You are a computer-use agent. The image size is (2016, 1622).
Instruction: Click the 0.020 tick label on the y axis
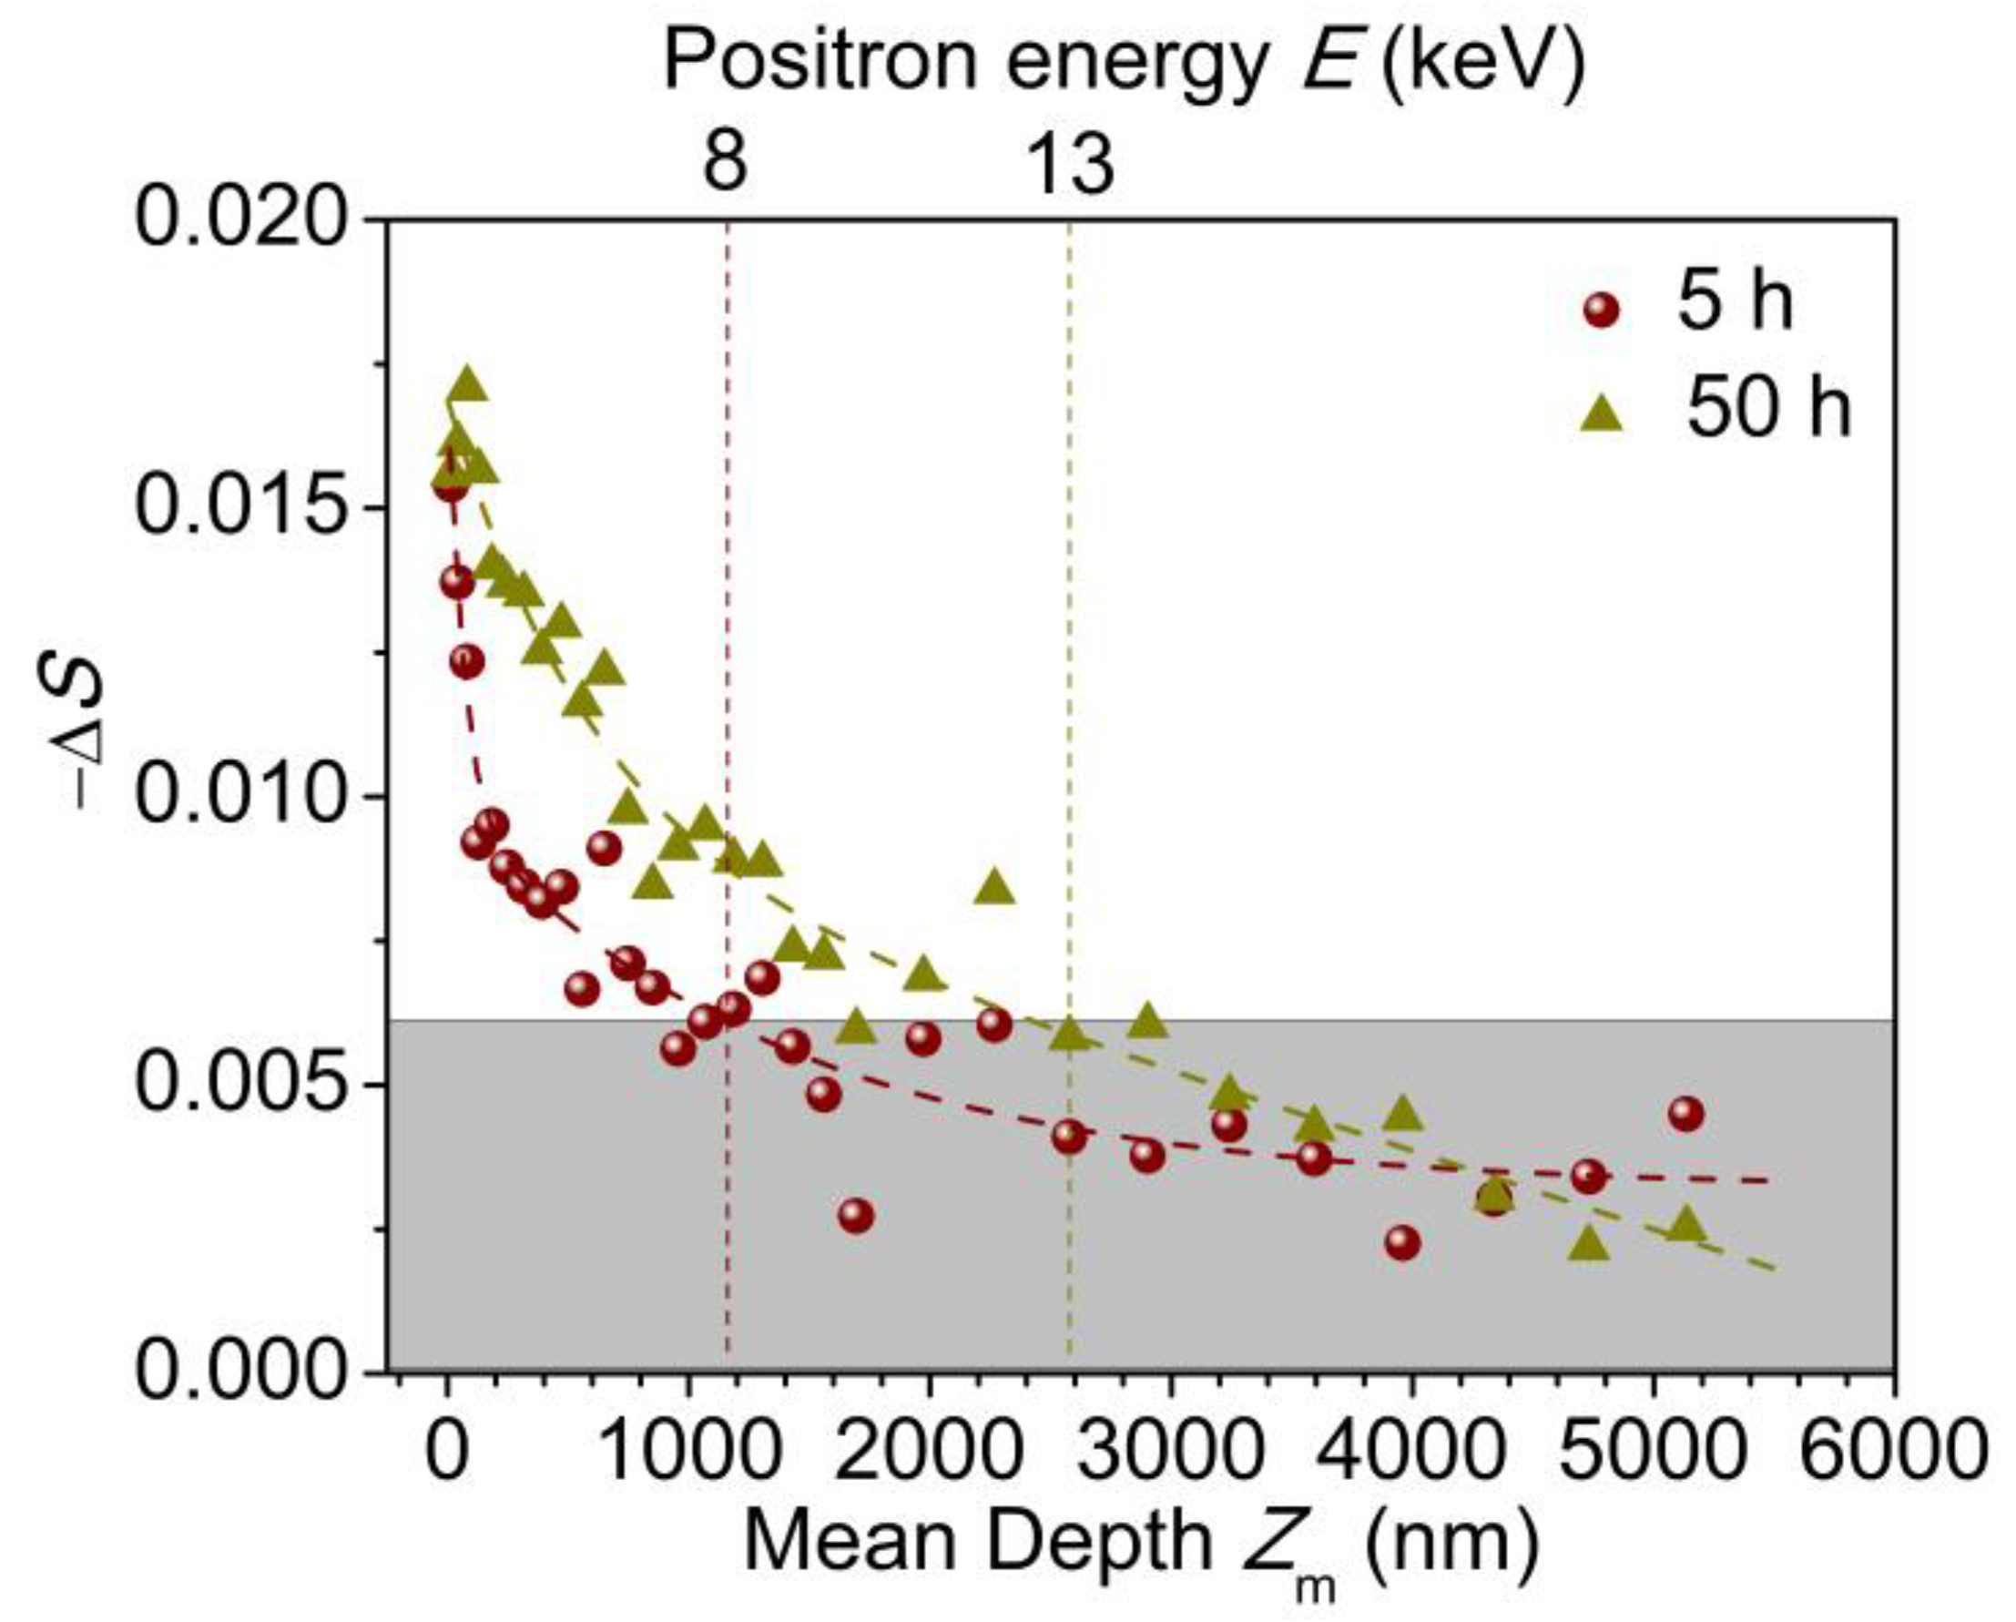(248, 218)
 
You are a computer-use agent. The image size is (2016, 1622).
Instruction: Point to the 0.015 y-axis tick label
(248, 507)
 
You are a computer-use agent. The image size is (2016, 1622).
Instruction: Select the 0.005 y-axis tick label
(248, 1084)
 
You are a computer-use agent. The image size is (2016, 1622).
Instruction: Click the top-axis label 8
(726, 163)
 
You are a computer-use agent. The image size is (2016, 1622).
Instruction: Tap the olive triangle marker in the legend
(1602, 412)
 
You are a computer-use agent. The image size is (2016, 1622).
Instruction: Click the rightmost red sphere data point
(1686, 1113)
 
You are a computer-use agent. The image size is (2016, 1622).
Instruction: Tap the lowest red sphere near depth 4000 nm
(1401, 1242)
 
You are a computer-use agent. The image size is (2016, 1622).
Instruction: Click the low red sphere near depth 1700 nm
(856, 1216)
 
